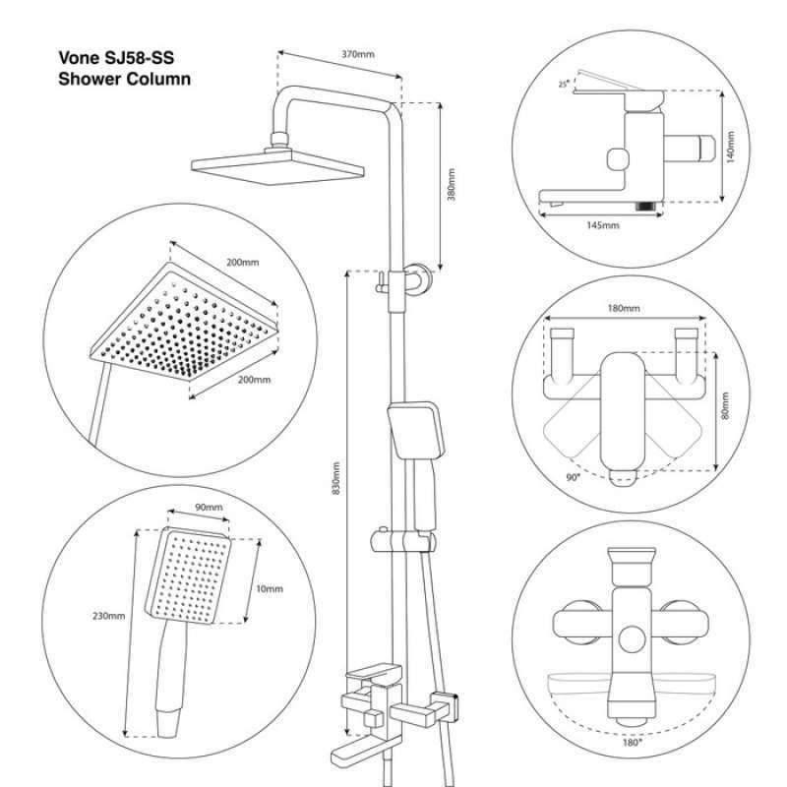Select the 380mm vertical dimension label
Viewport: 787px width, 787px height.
click(x=452, y=185)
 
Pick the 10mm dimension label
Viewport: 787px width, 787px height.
click(x=268, y=588)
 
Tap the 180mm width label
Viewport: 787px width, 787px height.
click(x=624, y=308)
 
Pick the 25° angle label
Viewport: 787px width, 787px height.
click(x=563, y=85)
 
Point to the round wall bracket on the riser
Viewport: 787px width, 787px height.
click(x=419, y=276)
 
